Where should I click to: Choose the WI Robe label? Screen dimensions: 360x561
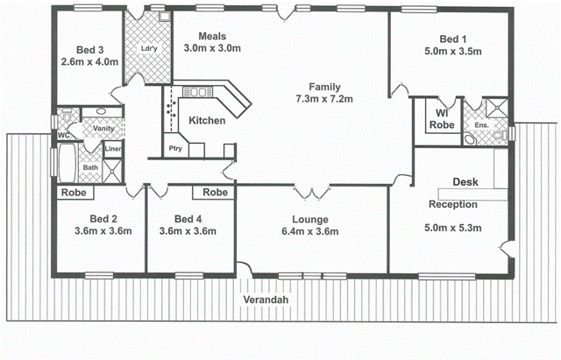tap(441, 119)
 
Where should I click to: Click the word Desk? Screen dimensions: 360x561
tap(465, 183)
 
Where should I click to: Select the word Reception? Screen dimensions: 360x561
tap(452, 205)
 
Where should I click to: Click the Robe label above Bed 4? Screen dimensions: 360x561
tap(216, 192)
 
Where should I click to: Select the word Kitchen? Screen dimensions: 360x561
tap(207, 121)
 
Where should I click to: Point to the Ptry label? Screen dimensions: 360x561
tap(175, 149)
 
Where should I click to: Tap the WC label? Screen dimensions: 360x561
tap(63, 136)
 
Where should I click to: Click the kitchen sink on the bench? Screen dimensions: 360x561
tap(198, 91)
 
